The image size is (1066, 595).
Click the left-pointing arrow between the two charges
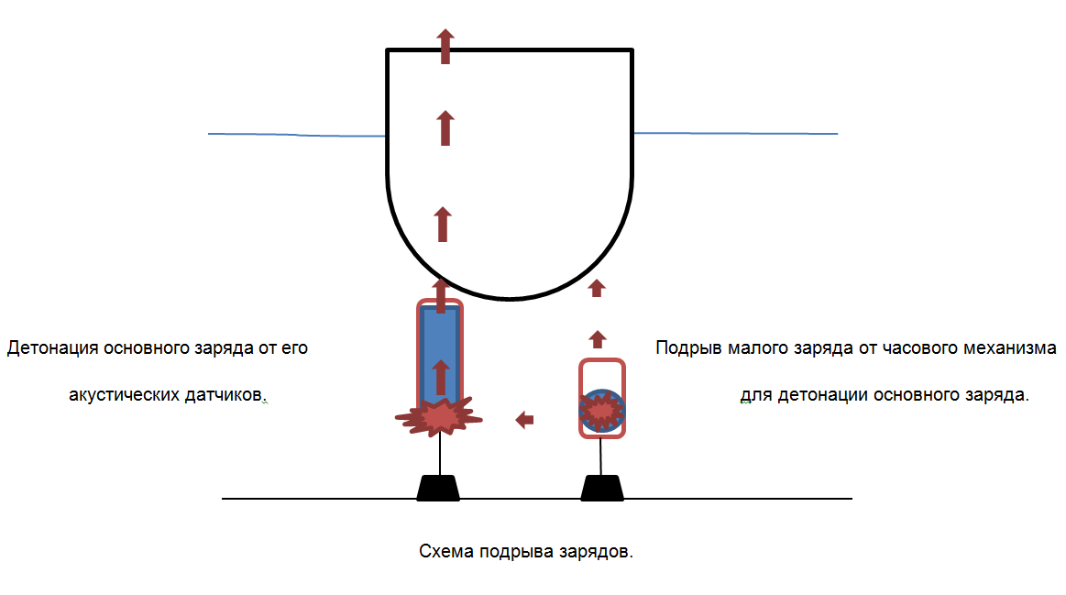pyautogui.click(x=524, y=420)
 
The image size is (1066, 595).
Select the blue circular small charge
pyautogui.click(x=601, y=412)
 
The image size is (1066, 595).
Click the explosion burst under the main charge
pyautogui.click(x=440, y=417)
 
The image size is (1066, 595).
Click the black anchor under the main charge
pyautogui.click(x=438, y=488)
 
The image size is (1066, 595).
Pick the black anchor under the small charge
pyautogui.click(x=602, y=488)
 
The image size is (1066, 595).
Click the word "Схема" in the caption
pyautogui.click(x=446, y=552)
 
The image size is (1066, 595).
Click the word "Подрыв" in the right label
pyautogui.click(x=688, y=349)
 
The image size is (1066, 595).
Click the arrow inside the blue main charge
pyautogui.click(x=441, y=376)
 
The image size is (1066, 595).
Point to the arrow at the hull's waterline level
pyautogui.click(x=445, y=128)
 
